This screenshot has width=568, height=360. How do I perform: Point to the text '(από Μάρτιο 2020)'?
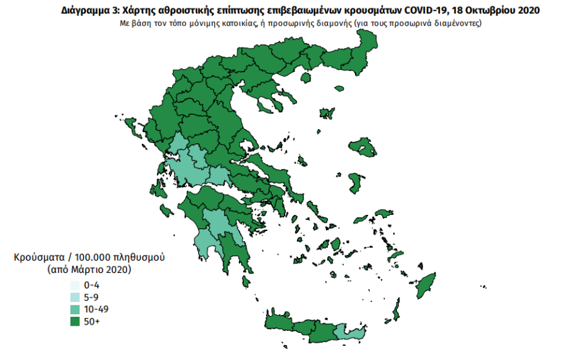(89, 269)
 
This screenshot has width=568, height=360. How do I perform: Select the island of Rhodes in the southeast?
(427, 285)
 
